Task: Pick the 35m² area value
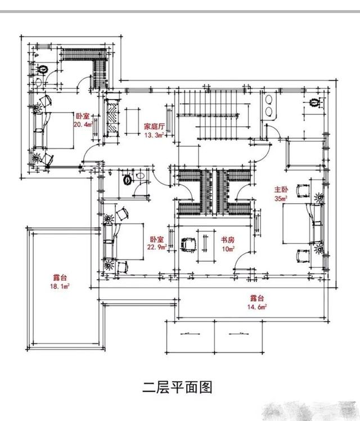(x=281, y=199)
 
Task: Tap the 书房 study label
(x=227, y=240)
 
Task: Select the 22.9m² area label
(x=156, y=247)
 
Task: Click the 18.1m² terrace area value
(x=58, y=286)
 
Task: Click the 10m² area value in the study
(x=227, y=248)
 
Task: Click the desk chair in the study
(x=187, y=244)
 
